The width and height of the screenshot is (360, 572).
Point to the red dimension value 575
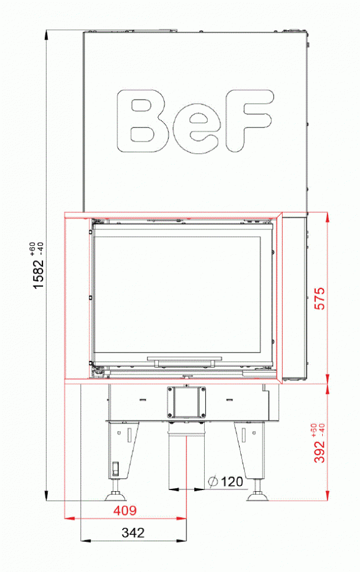(320, 299)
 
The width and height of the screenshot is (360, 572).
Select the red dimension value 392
(320, 451)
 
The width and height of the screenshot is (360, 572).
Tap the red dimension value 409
(124, 509)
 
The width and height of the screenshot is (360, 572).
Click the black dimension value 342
(133, 532)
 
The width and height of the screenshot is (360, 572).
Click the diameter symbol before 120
(213, 482)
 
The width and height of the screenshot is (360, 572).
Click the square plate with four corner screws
(186, 401)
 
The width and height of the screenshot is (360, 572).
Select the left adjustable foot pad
(116, 497)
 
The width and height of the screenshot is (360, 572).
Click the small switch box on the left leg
(116, 469)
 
